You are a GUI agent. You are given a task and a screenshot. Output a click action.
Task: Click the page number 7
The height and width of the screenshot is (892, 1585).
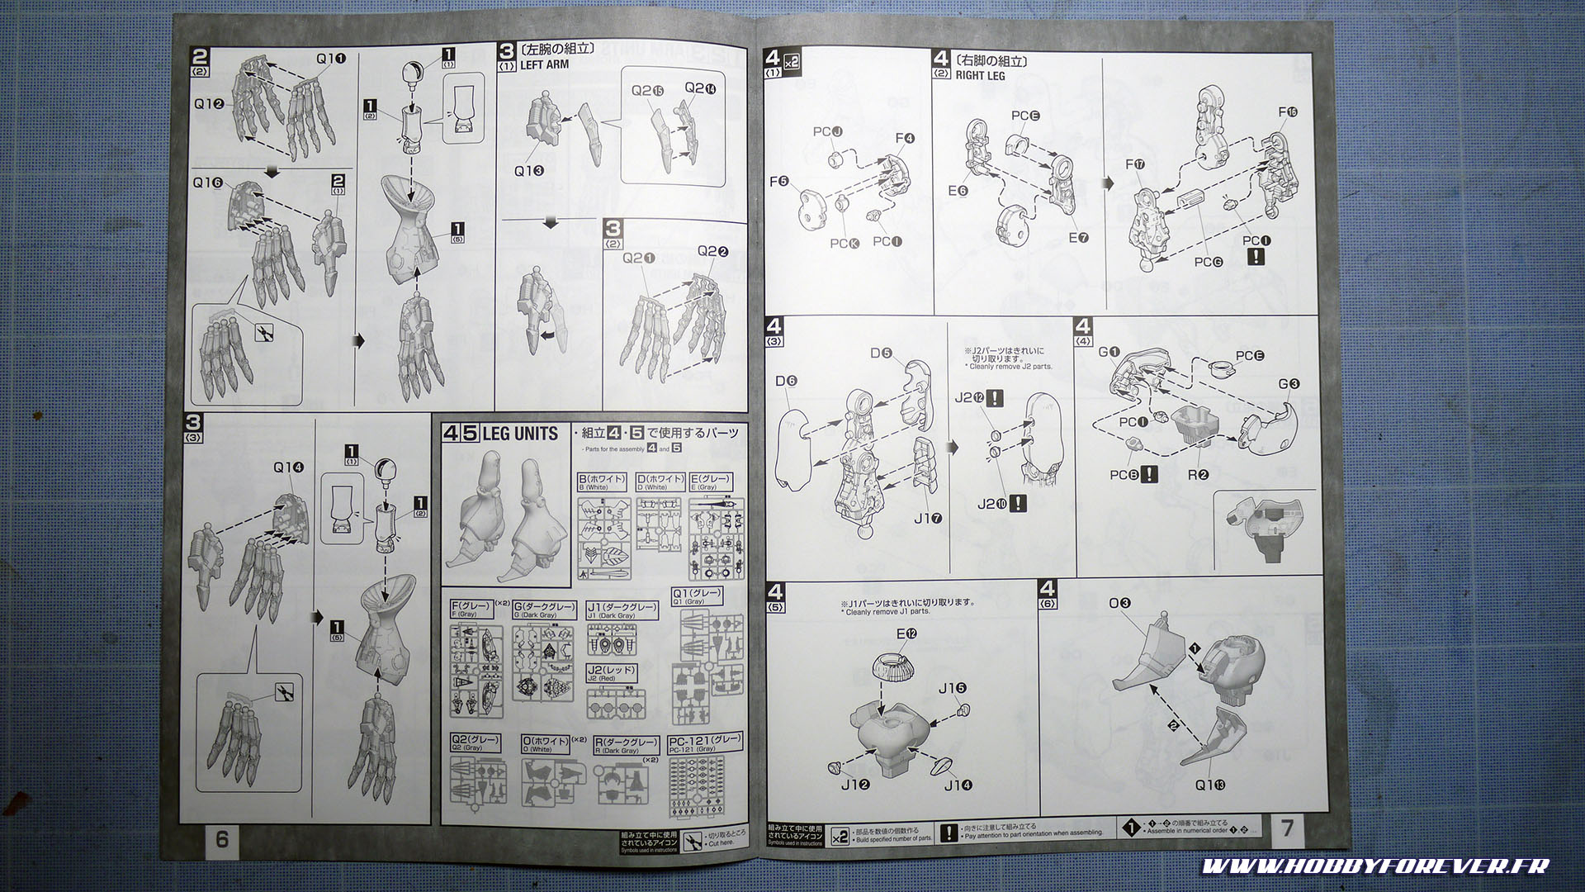coord(1288,828)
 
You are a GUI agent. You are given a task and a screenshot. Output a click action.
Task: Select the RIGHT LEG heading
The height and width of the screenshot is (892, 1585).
coord(982,75)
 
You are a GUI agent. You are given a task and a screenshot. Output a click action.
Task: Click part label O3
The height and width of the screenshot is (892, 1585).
coord(1119,603)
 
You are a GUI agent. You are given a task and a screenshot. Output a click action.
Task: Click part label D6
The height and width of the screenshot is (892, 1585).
coord(786,381)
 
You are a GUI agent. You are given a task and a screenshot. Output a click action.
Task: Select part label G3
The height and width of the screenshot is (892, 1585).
coord(1289,383)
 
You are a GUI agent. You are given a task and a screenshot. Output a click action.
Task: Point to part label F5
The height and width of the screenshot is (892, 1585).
coord(778,181)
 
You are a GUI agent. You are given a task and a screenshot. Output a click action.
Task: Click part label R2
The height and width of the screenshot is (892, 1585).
coord(1198,474)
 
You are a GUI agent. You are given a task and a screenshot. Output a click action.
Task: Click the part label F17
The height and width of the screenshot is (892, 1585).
coord(1135,164)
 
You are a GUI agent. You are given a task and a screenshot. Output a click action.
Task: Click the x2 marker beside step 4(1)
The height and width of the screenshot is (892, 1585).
coord(792,62)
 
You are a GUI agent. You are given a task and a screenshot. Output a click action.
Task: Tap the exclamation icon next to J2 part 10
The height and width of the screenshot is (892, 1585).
coord(1019,503)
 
